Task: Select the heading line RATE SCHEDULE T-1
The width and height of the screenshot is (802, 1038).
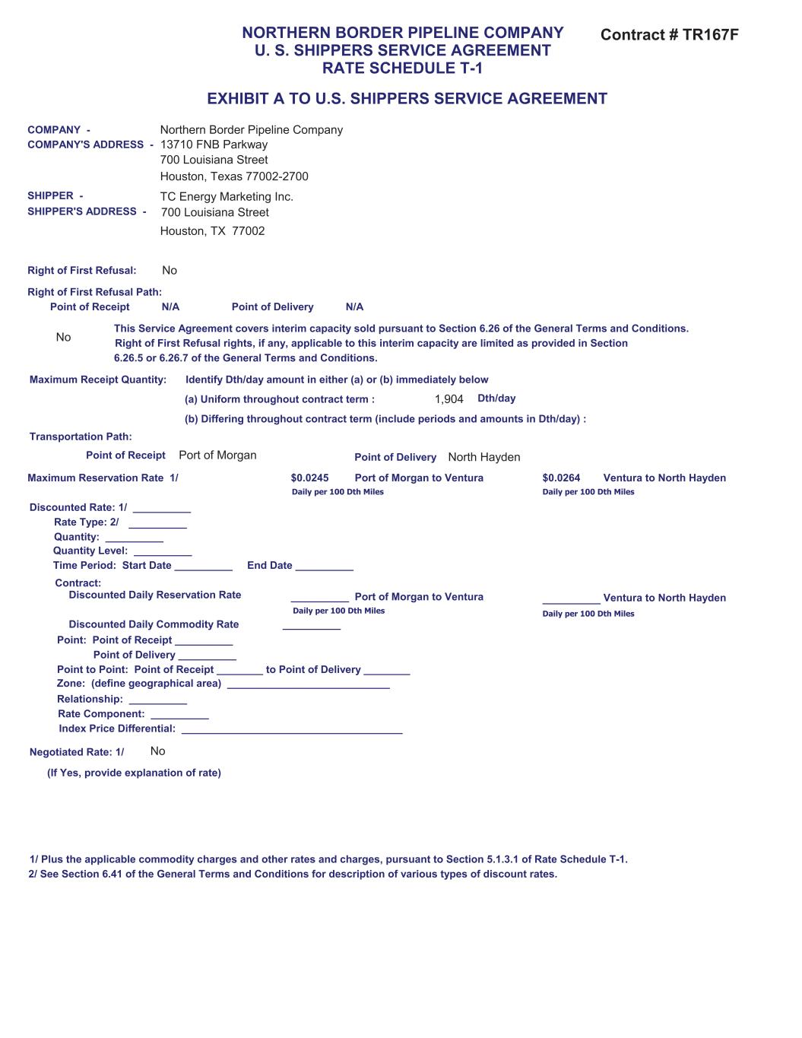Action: (402, 68)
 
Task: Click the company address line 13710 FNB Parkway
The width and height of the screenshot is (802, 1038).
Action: (214, 144)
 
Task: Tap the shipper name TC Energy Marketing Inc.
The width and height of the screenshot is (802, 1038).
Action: (227, 197)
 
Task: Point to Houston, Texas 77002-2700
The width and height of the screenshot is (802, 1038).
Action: (234, 176)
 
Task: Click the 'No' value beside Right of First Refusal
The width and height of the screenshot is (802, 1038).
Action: (170, 271)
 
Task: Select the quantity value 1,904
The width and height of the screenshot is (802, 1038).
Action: (449, 399)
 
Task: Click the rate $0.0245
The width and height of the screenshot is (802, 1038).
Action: (309, 478)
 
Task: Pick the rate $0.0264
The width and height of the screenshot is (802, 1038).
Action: (561, 478)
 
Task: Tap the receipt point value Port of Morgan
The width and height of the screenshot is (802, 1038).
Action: (217, 456)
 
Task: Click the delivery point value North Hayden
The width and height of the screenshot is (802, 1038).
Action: (484, 457)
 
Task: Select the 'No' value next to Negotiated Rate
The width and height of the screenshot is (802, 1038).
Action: (157, 751)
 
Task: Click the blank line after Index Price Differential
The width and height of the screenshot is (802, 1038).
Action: (292, 732)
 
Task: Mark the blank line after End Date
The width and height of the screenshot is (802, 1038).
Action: (324, 568)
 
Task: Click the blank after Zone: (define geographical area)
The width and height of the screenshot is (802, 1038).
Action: (308, 686)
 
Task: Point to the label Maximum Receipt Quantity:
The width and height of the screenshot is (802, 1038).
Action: (98, 380)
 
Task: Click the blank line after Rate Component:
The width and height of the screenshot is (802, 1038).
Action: (179, 716)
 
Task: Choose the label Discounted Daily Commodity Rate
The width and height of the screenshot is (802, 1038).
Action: (154, 624)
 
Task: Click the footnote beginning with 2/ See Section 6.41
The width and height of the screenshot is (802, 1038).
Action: (293, 875)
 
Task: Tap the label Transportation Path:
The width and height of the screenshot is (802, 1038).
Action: (81, 436)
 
